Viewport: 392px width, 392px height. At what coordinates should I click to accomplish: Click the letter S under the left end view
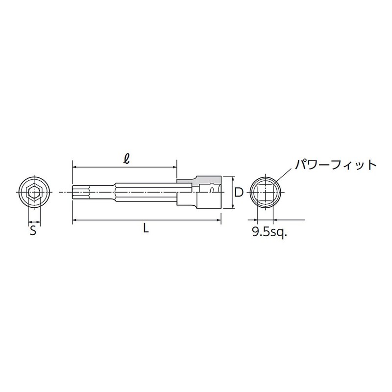coord(33,231)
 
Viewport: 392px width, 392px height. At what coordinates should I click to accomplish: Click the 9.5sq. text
coord(269,232)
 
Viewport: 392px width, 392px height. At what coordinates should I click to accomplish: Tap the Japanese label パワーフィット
coord(335,164)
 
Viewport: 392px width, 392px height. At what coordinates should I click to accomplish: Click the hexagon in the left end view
coord(33,193)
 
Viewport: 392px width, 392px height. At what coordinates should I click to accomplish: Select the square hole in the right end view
coord(265,193)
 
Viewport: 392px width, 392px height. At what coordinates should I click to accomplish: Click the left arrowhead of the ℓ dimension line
coord(74,168)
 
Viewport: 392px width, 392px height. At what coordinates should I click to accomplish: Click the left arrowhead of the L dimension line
coord(74,220)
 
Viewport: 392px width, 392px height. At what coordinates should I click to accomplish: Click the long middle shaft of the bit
coord(142,193)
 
